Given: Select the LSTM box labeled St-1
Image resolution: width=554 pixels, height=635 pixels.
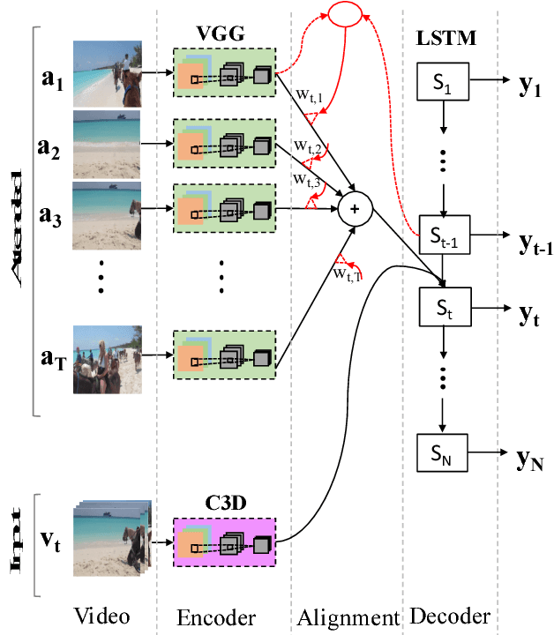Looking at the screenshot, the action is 444,235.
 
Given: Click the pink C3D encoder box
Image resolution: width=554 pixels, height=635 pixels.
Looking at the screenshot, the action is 225,542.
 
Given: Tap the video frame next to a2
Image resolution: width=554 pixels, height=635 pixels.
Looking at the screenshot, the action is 107,141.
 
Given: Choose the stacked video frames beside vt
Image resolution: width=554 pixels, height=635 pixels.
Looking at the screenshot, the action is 111,538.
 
